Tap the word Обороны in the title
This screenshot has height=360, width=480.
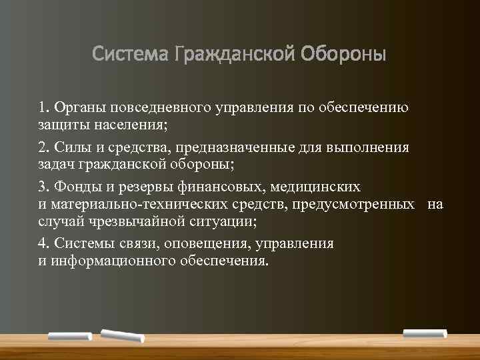(347, 53)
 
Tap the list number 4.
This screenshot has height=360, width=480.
(43, 244)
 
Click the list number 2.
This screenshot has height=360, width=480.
(43, 147)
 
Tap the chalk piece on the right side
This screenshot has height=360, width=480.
(424, 331)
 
